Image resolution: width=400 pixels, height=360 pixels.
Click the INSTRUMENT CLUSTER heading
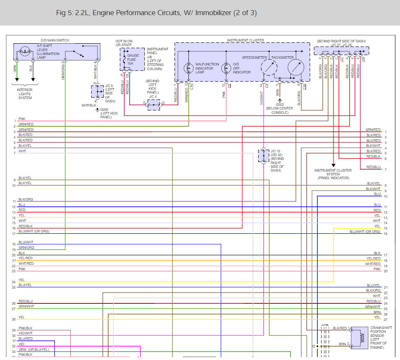click(245, 40)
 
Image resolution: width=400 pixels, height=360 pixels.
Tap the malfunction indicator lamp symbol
click(188, 67)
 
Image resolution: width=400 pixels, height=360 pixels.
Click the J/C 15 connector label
click(276, 151)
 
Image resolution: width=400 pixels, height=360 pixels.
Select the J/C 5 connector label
click(109, 86)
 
